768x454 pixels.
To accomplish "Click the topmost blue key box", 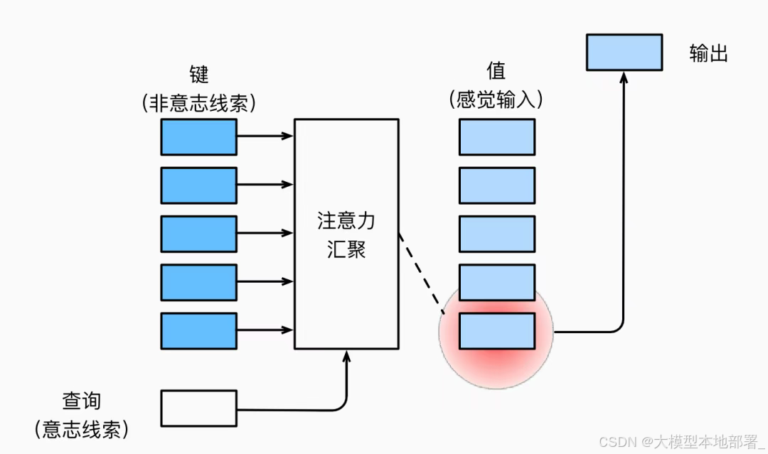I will (198, 137).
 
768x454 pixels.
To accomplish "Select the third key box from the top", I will (198, 234).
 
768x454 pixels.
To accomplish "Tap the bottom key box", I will (198, 330).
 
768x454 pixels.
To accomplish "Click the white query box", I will (198, 408).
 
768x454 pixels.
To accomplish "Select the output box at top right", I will (624, 52).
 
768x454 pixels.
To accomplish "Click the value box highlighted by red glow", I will (496, 330).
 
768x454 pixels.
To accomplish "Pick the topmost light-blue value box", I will (496, 137).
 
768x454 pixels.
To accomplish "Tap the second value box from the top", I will (496, 185).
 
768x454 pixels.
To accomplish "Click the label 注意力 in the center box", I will (346, 221).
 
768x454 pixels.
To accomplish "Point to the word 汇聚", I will (346, 249).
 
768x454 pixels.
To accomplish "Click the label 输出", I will (708, 53).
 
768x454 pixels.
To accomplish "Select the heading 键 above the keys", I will (198, 74).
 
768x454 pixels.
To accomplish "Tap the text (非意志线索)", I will (198, 104).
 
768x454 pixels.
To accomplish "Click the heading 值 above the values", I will (496, 71).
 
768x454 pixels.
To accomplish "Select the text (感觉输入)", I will (496, 100).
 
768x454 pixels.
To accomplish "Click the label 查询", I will (81, 401).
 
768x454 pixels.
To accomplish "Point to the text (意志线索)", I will (81, 429).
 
